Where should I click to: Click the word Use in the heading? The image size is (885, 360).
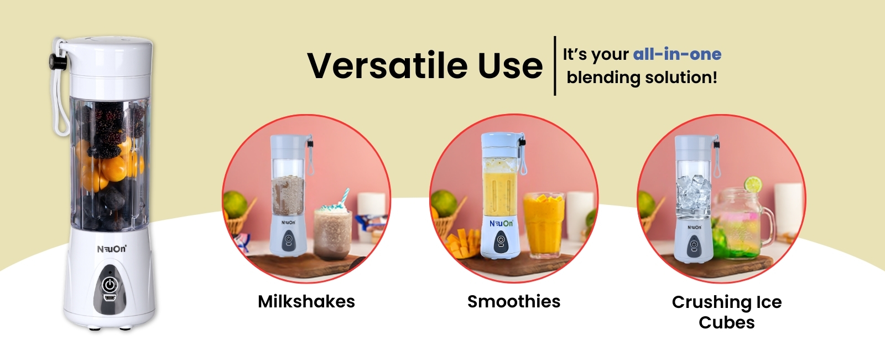(x=511, y=66)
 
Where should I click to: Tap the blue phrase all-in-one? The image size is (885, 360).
(x=677, y=54)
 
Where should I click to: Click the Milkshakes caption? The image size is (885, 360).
(x=306, y=301)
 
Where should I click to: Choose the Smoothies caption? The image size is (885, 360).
(x=514, y=301)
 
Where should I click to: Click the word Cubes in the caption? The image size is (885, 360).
(x=727, y=322)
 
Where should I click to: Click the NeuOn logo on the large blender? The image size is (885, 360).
(x=112, y=249)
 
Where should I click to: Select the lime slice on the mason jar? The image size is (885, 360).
(x=753, y=184)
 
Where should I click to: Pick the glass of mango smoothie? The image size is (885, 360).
(x=544, y=224)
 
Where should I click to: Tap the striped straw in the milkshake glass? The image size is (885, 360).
(x=345, y=197)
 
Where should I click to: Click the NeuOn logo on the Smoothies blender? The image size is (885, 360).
(x=501, y=224)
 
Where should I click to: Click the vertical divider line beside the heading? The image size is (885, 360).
(x=555, y=66)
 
